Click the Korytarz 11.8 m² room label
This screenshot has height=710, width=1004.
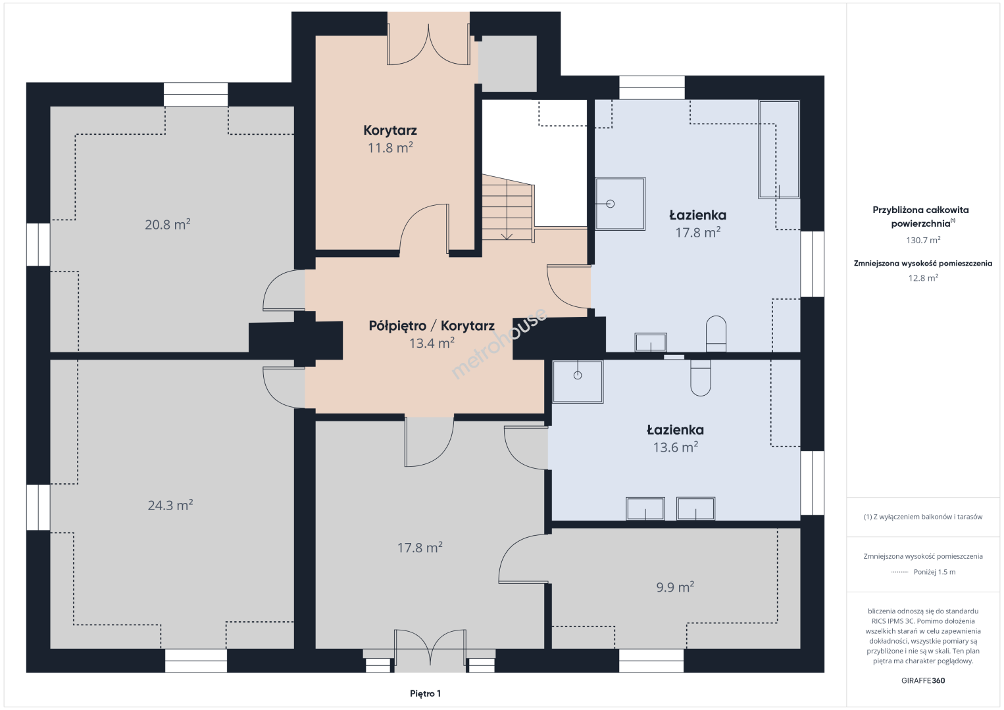click(390, 139)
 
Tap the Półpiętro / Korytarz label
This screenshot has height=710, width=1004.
click(432, 325)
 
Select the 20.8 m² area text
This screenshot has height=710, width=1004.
click(168, 224)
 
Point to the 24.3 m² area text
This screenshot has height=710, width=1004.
click(170, 505)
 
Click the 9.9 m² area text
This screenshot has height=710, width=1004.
click(675, 586)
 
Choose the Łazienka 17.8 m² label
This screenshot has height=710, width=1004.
click(698, 224)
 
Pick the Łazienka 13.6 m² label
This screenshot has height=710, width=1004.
click(676, 438)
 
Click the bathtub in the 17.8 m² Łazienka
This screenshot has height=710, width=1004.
click(779, 149)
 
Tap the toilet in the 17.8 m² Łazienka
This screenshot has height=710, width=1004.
click(716, 334)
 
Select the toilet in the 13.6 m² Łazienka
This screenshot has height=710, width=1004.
click(701, 377)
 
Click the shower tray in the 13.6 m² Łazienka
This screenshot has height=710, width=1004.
click(578, 382)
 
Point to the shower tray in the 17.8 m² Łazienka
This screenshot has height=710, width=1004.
click(620, 204)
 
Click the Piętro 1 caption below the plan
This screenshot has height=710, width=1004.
click(426, 694)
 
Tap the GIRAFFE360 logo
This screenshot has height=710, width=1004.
click(923, 680)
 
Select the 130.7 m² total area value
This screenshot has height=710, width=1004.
click(923, 240)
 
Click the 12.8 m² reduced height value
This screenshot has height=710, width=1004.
click(923, 277)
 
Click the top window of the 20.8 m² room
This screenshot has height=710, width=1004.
click(195, 95)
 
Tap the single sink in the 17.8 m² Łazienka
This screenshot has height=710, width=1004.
click(650, 343)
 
